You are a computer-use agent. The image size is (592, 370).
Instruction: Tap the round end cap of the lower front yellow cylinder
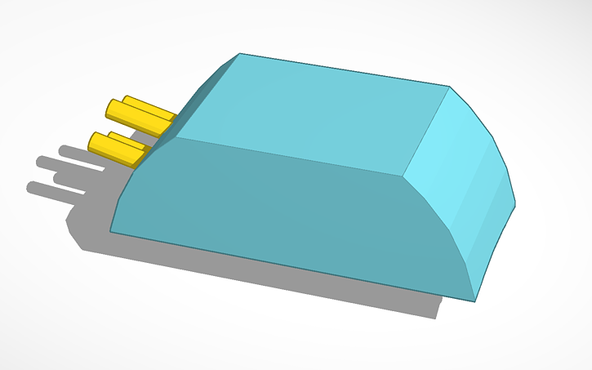pyautogui.click(x=94, y=144)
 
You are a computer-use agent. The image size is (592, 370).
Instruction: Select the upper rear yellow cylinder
pyautogui.click(x=151, y=110)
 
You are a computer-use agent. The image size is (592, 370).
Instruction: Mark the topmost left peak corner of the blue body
pyautogui.click(x=239, y=54)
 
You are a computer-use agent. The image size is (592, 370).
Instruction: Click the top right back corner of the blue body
pyautogui.click(x=449, y=86)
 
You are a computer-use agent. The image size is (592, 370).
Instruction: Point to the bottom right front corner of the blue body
pyautogui.click(x=474, y=300)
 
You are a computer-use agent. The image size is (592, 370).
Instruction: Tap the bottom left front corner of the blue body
pyautogui.click(x=110, y=232)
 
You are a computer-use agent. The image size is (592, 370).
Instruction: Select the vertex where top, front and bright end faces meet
pyautogui.click(x=402, y=175)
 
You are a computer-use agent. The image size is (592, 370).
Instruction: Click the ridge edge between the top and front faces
pyautogui.click(x=286, y=155)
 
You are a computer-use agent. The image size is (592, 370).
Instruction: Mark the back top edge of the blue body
pyautogui.click(x=343, y=70)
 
